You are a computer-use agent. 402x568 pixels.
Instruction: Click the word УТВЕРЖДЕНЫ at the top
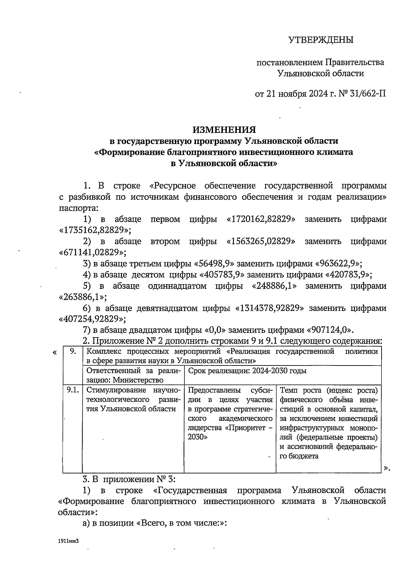tap(321, 40)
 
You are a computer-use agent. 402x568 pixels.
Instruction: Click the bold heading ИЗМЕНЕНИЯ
tap(224, 130)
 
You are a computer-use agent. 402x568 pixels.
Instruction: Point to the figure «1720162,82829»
tap(261, 220)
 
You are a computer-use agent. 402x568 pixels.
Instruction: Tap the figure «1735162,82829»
tap(95, 230)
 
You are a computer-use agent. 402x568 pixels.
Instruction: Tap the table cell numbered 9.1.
tap(72, 390)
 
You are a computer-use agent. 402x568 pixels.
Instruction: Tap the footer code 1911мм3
tap(68, 540)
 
